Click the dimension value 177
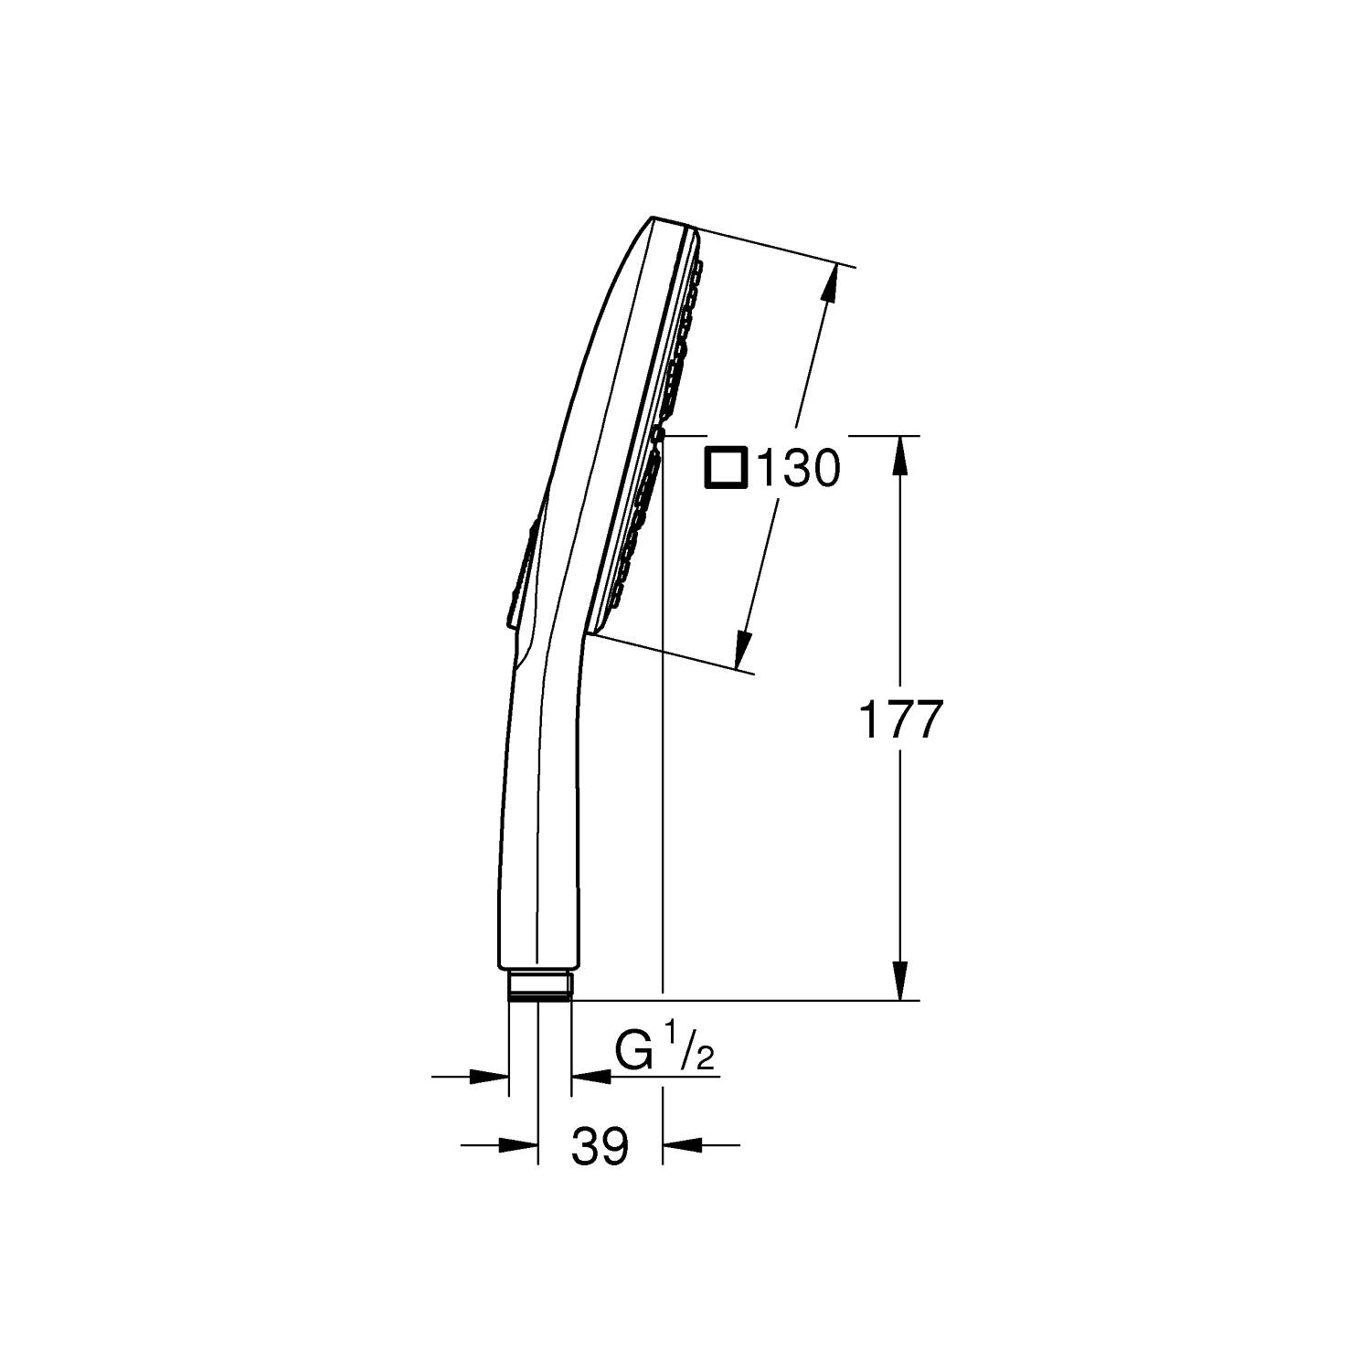point(899,720)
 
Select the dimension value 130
point(797,470)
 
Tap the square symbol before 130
point(726,470)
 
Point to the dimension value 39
point(600,1146)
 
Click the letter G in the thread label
point(634,1052)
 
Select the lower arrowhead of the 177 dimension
point(901,982)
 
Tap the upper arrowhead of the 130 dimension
point(830,283)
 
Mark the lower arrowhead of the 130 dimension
point(743,651)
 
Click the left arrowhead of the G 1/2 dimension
point(490,1077)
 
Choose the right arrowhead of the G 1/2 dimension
point(590,1077)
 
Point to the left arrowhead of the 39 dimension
point(517,1143)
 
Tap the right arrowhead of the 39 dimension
point(680,1143)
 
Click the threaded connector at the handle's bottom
point(538,986)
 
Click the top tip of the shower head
point(654,218)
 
